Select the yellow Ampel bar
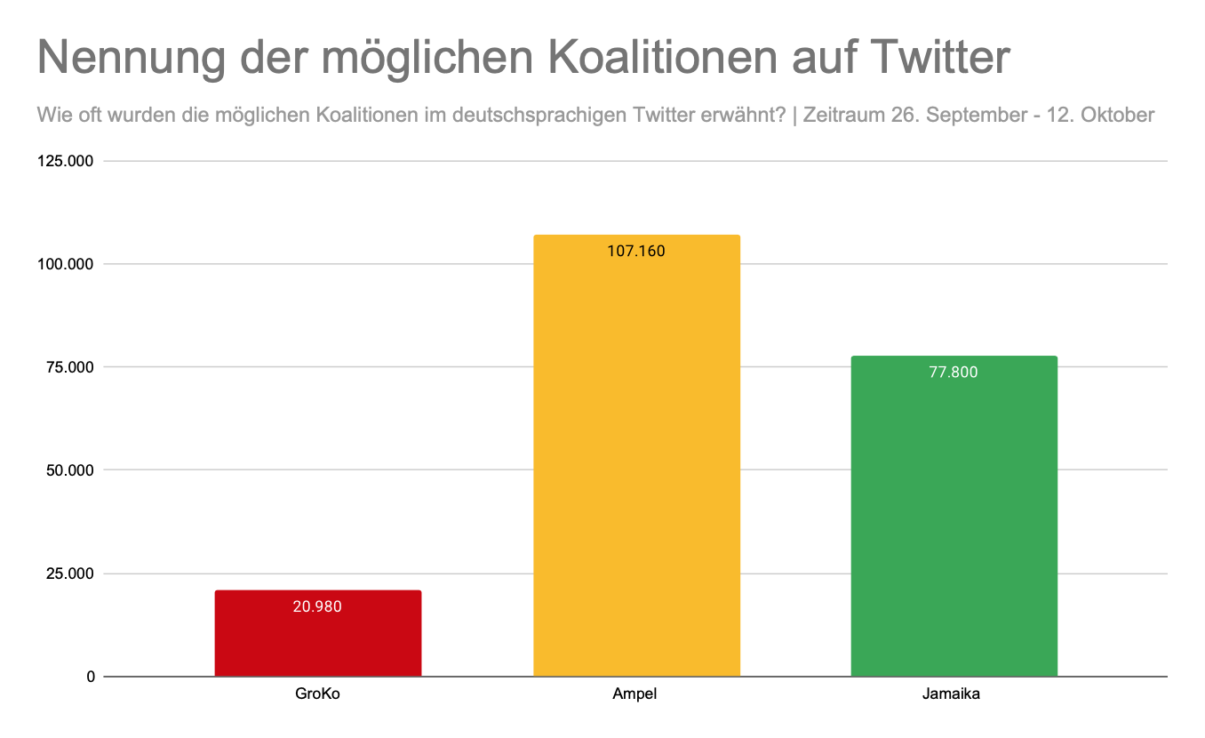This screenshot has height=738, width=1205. [636, 462]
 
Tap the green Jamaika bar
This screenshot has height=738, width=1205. [954, 525]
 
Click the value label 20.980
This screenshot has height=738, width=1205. [317, 606]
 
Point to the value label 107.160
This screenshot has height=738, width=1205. [636, 251]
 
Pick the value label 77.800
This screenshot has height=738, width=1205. [954, 372]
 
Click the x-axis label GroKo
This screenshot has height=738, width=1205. [317, 694]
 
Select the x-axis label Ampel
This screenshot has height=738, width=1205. [636, 694]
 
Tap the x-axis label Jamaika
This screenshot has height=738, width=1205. [954, 694]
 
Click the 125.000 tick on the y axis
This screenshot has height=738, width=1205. [68, 161]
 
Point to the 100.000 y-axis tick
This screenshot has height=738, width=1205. [68, 264]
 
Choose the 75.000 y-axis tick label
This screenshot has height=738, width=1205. [71, 367]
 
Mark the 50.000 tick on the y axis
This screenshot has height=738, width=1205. [71, 470]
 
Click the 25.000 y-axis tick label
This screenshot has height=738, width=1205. [71, 574]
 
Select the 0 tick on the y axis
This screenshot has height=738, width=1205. [91, 677]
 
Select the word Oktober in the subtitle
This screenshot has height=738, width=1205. [1116, 115]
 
